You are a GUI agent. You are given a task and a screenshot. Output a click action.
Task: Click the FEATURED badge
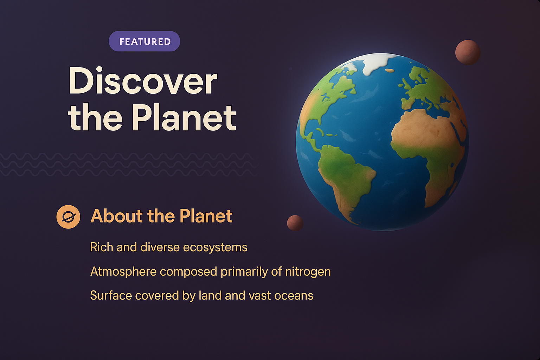(x=144, y=41)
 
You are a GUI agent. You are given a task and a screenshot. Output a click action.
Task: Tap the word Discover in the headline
(x=143, y=81)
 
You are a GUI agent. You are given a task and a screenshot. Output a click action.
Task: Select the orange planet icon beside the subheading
(x=68, y=217)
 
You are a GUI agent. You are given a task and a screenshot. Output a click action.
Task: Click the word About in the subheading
(x=116, y=216)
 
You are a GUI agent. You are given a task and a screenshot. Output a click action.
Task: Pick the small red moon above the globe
(x=468, y=52)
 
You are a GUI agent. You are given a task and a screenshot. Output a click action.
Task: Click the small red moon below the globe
(x=295, y=223)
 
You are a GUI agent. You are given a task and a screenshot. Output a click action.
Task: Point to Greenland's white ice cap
(x=376, y=63)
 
